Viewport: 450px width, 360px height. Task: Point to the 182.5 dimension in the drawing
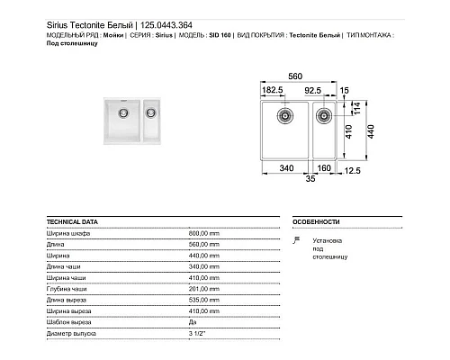273,91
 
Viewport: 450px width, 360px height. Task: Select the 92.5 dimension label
315,91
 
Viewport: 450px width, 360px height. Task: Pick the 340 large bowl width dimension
286,166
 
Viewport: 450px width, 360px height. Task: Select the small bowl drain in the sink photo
150,112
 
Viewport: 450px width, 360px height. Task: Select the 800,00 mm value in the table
205,233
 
